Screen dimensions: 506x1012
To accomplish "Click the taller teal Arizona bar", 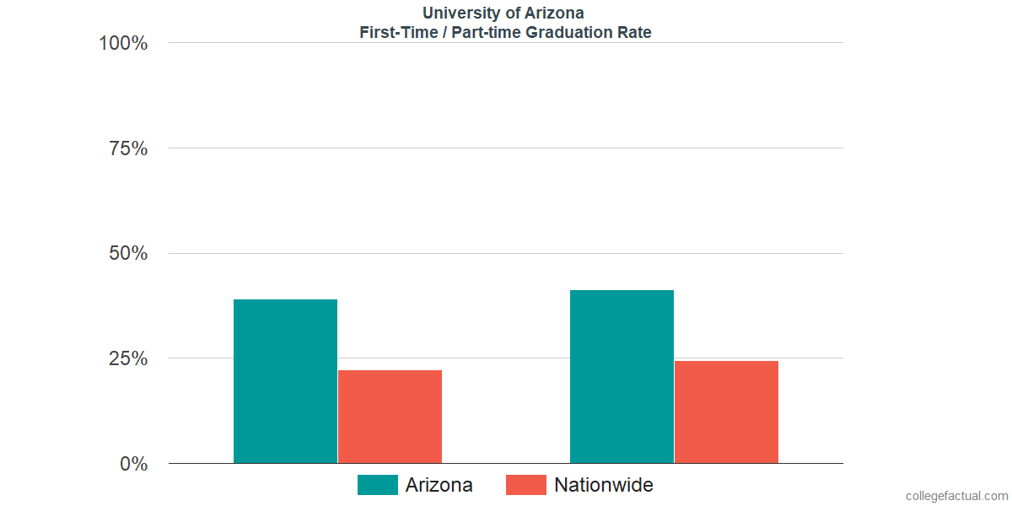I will pyautogui.click(x=622, y=376).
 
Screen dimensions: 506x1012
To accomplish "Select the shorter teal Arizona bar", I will pyautogui.click(x=285, y=381).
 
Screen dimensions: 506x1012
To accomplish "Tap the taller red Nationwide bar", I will pyautogui.click(x=726, y=412).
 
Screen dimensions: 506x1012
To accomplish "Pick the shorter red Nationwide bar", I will pyautogui.click(x=390, y=417).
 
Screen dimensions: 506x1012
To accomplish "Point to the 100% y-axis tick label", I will pyautogui.click(x=123, y=43).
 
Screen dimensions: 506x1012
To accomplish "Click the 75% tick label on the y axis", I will pyautogui.click(x=128, y=148).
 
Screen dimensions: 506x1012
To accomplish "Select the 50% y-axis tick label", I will pyautogui.click(x=128, y=254).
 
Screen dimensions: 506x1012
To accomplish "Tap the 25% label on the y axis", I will pyautogui.click(x=128, y=358).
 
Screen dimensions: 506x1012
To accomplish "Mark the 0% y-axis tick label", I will pyautogui.click(x=133, y=464).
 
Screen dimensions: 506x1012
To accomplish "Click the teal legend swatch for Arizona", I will pyautogui.click(x=377, y=485).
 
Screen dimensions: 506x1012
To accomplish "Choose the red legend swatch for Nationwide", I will pyautogui.click(x=525, y=485).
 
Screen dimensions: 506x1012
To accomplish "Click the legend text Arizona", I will pyautogui.click(x=439, y=485).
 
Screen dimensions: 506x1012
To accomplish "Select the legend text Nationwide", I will pyautogui.click(x=603, y=485).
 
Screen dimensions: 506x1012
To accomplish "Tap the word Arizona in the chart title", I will pyautogui.click(x=553, y=13).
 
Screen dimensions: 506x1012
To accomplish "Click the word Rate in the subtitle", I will pyautogui.click(x=633, y=33).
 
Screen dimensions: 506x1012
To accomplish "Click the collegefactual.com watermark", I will pyautogui.click(x=955, y=496).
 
